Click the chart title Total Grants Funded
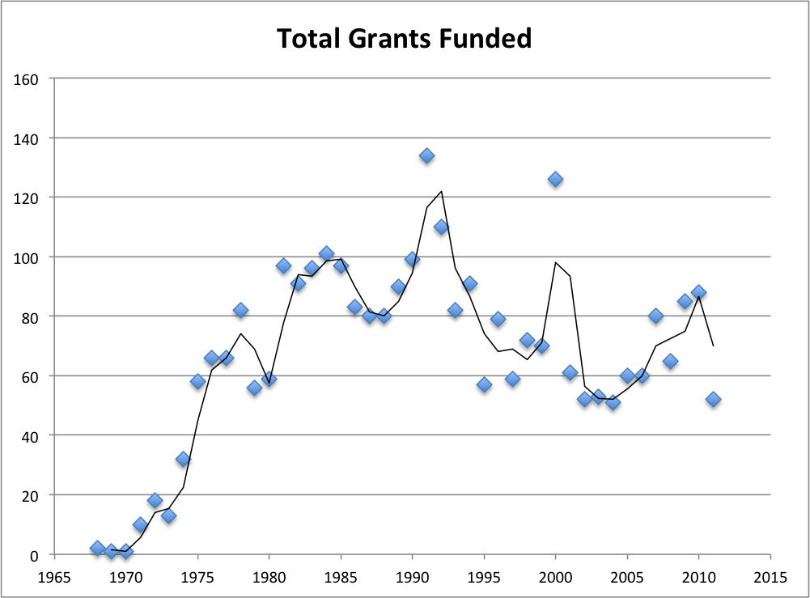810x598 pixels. tap(405, 38)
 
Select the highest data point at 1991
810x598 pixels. tap(426, 155)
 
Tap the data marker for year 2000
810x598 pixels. tap(555, 179)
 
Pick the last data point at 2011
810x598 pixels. tap(713, 399)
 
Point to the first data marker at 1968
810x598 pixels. tap(98, 548)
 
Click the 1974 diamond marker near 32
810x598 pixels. tap(183, 459)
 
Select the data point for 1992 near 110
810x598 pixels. tap(441, 227)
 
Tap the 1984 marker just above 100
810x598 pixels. tap(326, 253)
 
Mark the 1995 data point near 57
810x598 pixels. tap(484, 384)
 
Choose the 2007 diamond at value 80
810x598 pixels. tap(655, 316)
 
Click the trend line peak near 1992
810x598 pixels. tap(441, 192)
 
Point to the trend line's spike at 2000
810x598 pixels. tap(556, 262)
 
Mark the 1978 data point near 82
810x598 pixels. tap(240, 310)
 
